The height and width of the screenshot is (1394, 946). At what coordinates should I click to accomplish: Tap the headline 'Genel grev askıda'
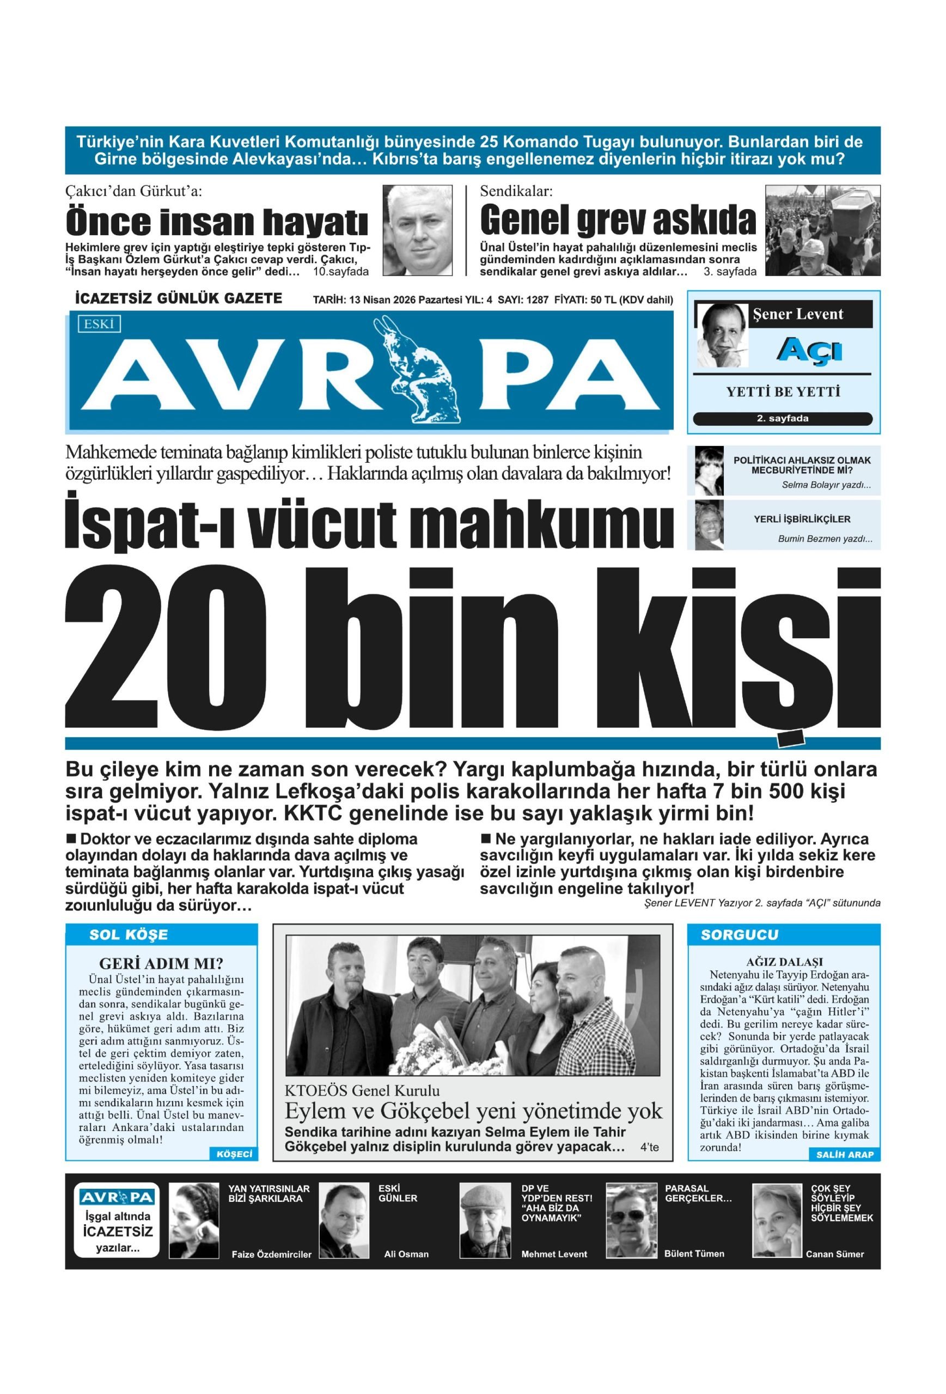618,221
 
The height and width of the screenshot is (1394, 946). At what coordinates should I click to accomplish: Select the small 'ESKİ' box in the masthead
99,324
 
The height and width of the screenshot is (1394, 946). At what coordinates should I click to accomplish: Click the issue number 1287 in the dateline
537,300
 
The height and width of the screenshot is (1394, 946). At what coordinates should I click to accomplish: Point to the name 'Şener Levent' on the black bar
797,314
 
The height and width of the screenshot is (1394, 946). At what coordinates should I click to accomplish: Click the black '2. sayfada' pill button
782,419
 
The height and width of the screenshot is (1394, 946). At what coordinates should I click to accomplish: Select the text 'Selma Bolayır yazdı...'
826,485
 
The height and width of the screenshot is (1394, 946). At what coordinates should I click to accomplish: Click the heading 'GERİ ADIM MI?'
161,964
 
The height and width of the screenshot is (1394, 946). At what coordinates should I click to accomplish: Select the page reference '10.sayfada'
340,271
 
